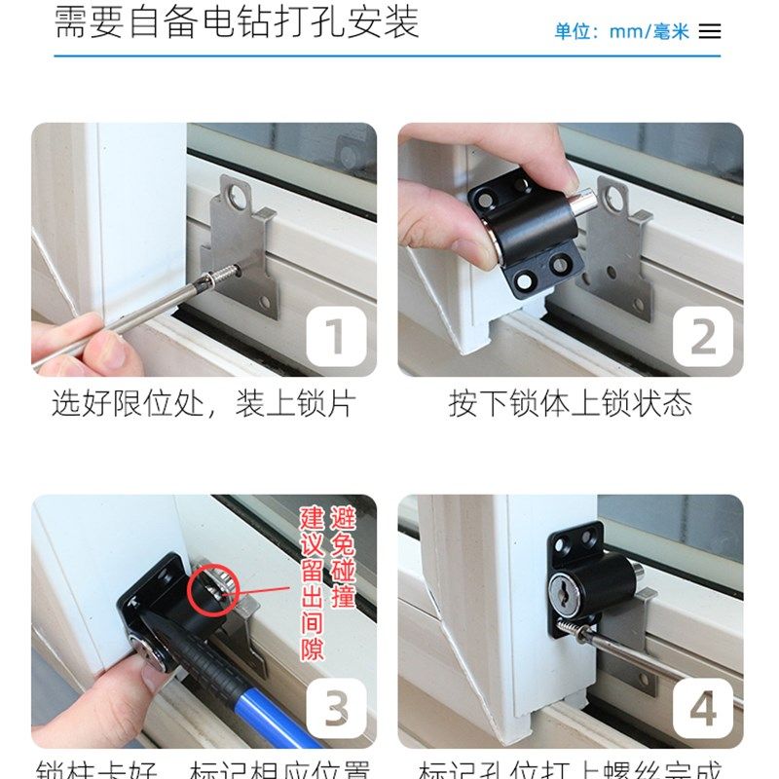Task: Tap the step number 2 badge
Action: point(703,337)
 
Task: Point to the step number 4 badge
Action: point(703,709)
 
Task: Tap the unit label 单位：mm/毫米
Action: point(621,31)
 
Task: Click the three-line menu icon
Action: point(710,31)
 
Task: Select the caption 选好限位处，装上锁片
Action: point(204,404)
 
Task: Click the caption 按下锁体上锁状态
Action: point(570,404)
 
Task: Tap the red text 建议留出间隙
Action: point(311,582)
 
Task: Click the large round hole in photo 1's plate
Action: point(237,199)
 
